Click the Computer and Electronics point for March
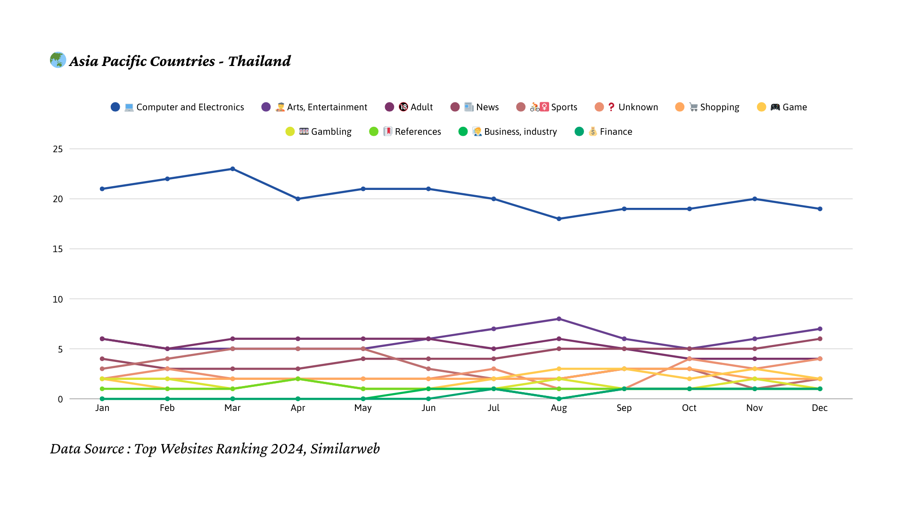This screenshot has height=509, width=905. (x=232, y=169)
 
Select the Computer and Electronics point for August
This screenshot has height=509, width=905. (x=559, y=219)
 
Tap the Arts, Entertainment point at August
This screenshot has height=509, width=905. (x=559, y=319)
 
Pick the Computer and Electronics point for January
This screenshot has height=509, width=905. (x=102, y=189)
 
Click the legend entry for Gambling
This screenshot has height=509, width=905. (x=319, y=131)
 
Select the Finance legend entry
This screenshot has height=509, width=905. (x=604, y=131)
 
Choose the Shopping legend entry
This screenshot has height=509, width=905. (x=708, y=107)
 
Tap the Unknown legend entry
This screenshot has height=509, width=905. (x=626, y=107)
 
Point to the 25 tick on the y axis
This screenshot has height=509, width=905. (x=58, y=149)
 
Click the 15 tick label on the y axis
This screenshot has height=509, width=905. (x=58, y=249)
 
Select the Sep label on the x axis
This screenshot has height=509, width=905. (x=624, y=408)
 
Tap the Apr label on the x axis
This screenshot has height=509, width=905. (x=298, y=408)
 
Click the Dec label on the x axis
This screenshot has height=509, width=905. (x=820, y=408)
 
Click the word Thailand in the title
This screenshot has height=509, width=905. (x=259, y=61)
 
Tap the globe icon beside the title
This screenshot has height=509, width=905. (x=58, y=60)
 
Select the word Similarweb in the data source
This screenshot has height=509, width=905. (x=345, y=449)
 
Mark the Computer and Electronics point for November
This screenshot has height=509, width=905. (x=755, y=199)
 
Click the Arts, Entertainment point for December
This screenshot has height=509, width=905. (x=820, y=329)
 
